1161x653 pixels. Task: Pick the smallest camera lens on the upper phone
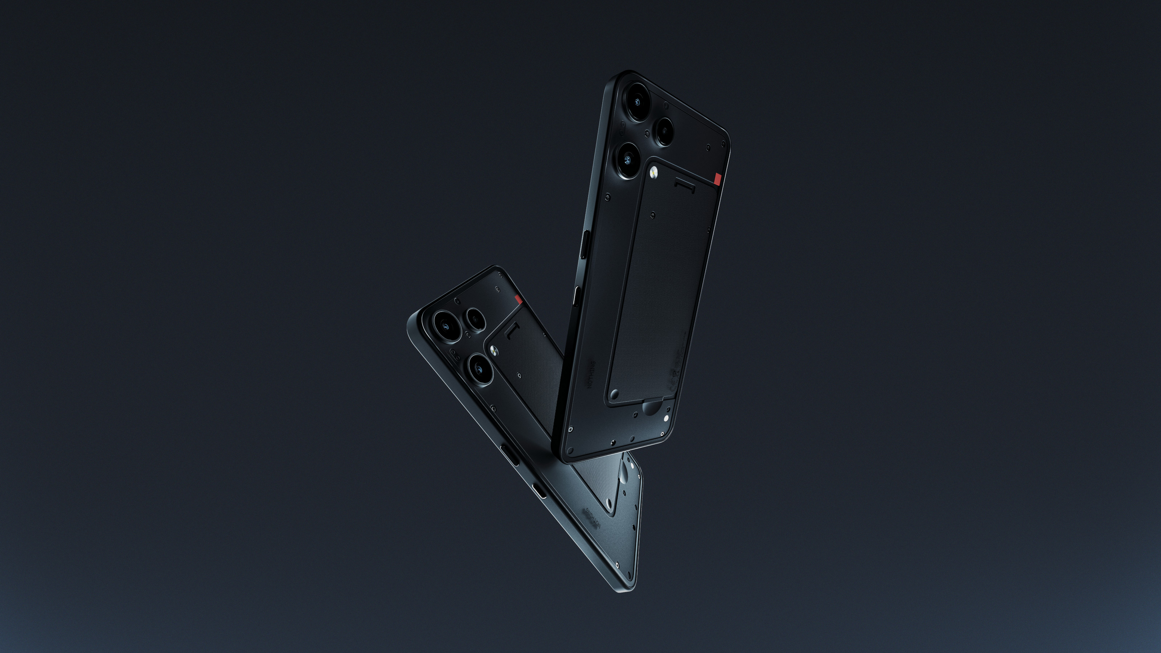[x=664, y=131]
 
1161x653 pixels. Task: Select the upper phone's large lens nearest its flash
[x=628, y=159]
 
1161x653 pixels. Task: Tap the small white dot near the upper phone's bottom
[x=666, y=418]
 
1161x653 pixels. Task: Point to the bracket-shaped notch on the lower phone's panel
[x=511, y=333]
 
